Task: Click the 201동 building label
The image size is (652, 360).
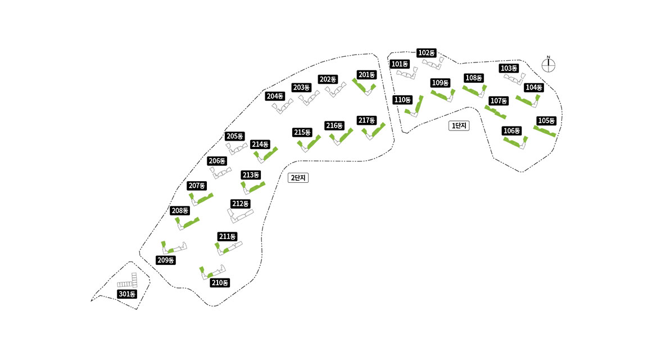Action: pos(366,75)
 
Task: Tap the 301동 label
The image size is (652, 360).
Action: pos(127,294)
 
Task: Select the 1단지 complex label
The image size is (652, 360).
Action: pos(459,126)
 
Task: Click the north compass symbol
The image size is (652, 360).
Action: pos(549,65)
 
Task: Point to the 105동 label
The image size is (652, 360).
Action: pos(546,121)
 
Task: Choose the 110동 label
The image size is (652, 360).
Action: pos(402,100)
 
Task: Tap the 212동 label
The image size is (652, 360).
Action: pos(240,204)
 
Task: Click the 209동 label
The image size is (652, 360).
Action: pos(165,260)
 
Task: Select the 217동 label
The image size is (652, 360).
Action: pos(366,120)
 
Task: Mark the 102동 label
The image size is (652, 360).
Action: pos(427,53)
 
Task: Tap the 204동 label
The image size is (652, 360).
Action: pos(275,96)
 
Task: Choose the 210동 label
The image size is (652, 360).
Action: pos(220,283)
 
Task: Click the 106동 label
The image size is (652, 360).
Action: pos(511,131)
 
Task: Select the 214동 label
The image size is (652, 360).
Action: pos(260,145)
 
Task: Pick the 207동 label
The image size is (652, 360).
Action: pos(197,186)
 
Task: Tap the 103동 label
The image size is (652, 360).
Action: pos(509,69)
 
